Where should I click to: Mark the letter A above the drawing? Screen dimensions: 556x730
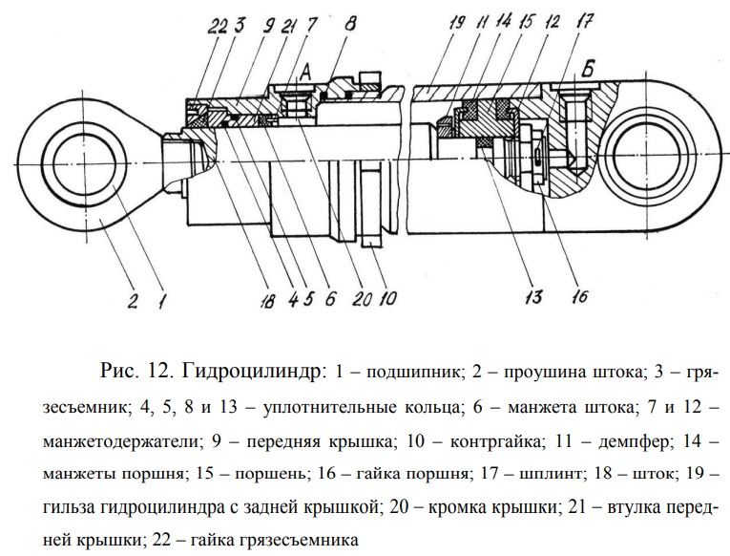(307, 70)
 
